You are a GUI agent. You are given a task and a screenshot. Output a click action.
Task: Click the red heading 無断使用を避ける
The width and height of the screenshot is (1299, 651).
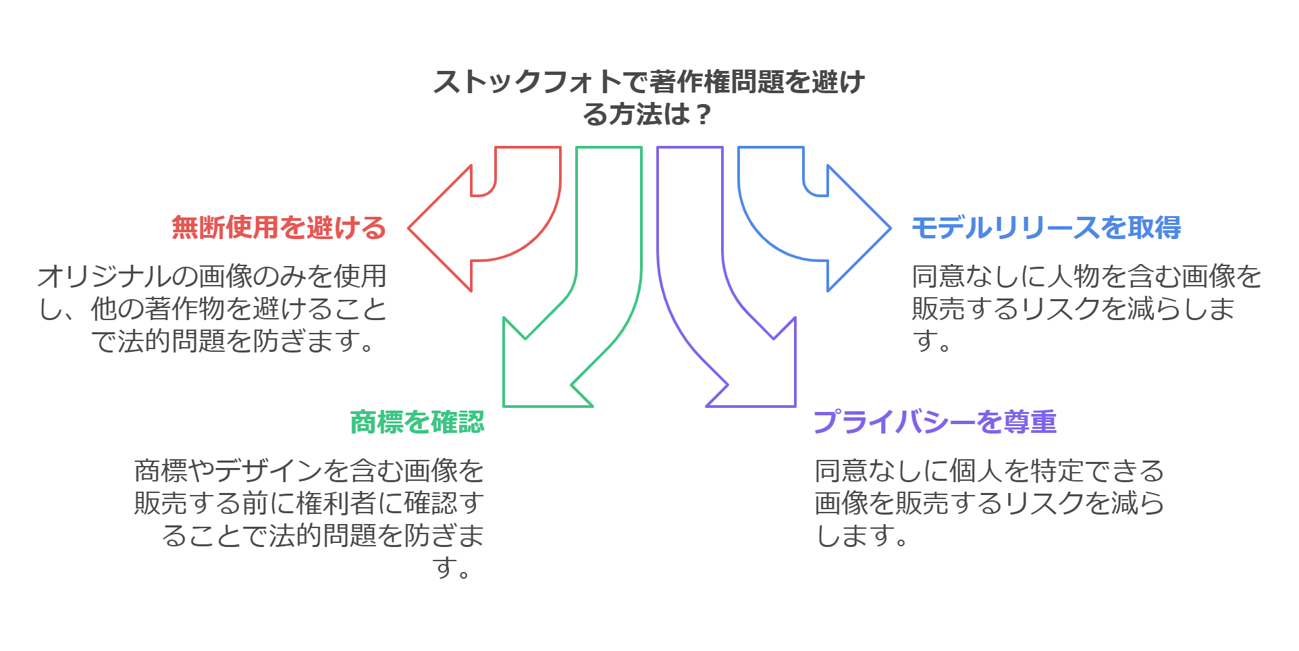[x=278, y=228]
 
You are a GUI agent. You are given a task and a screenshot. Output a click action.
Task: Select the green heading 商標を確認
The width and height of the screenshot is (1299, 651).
[x=417, y=422]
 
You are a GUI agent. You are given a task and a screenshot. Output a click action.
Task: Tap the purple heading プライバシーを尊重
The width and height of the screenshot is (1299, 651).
[x=934, y=422]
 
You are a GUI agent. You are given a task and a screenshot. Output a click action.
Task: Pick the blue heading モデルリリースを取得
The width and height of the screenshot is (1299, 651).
[x=1046, y=228]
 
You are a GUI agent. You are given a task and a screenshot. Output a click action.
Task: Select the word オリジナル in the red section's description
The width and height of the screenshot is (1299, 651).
[x=105, y=276]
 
